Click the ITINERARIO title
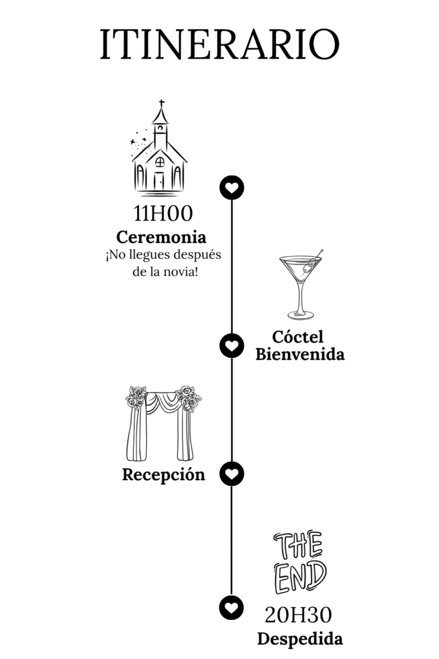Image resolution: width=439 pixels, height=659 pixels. click(x=219, y=44)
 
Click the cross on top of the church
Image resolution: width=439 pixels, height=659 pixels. click(x=161, y=103)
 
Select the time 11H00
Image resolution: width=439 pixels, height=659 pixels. click(x=163, y=214)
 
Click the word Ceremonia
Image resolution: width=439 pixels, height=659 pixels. click(x=161, y=236)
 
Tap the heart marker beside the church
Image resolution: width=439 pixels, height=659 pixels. click(x=232, y=187)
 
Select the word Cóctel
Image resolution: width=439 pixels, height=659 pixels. click(x=297, y=336)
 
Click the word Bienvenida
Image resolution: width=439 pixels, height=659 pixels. click(x=299, y=354)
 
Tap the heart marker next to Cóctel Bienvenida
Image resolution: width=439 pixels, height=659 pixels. click(x=232, y=346)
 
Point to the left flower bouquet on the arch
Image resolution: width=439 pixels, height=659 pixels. click(x=136, y=397)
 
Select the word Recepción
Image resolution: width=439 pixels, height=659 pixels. click(x=163, y=475)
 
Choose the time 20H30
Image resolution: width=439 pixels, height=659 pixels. click(x=299, y=615)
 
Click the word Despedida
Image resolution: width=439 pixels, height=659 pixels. click(x=299, y=639)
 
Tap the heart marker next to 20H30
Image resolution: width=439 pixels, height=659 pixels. click(x=232, y=607)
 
